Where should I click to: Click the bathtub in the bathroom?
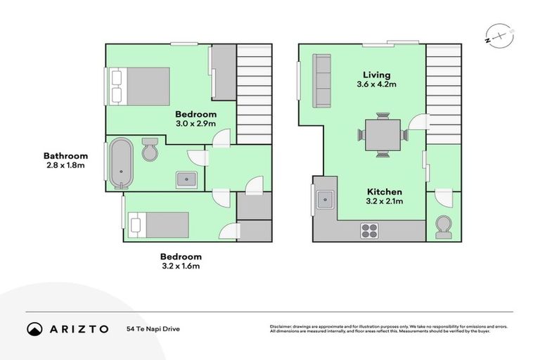click(x=120, y=165)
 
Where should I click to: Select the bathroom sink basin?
click(x=186, y=179)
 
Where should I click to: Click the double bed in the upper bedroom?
click(x=139, y=86)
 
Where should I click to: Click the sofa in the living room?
click(x=323, y=82)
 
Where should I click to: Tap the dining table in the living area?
click(x=382, y=134)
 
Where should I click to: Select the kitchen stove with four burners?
click(x=369, y=230)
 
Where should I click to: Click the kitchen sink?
click(x=325, y=200)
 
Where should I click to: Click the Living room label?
click(x=376, y=75)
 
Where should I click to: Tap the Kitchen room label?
click(x=384, y=192)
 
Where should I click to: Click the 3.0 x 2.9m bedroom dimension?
click(x=195, y=124)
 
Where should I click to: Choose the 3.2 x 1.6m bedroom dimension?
click(x=181, y=266)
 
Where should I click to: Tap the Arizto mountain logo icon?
click(x=34, y=328)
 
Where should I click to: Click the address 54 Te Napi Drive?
click(x=153, y=328)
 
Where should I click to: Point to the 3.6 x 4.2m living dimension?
click(x=376, y=84)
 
